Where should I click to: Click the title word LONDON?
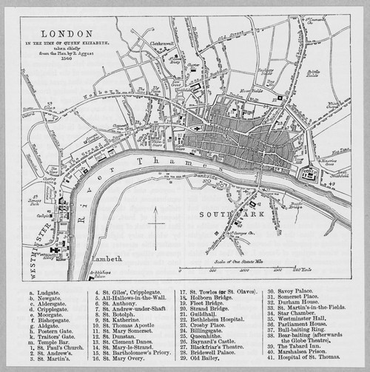point(67,33)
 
